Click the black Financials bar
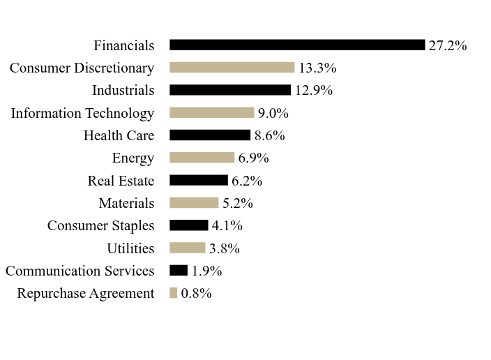point(297,45)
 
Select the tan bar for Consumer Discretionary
point(232,68)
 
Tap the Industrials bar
point(230,90)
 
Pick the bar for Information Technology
point(212,112)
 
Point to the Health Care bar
point(210,135)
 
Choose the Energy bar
point(202,158)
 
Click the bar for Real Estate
point(199,180)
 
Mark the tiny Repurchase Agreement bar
point(173,293)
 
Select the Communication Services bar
point(179,271)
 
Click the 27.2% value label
point(448,45)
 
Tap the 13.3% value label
point(317,68)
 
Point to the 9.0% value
point(273,113)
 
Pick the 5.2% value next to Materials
point(238,203)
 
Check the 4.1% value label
point(227,225)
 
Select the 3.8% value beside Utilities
point(225,248)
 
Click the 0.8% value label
point(197,293)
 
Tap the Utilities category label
point(130,248)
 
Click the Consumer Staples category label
point(101,226)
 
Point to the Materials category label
point(126,203)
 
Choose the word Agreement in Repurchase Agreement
point(122,294)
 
